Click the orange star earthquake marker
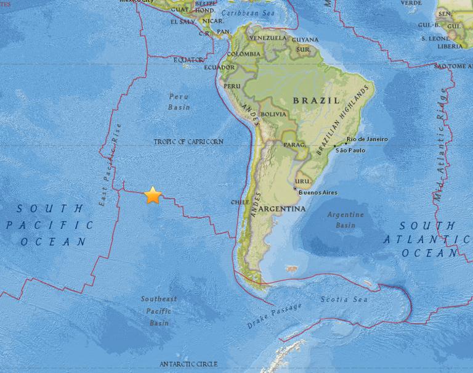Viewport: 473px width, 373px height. pos(153,195)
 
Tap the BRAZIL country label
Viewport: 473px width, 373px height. pos(316,100)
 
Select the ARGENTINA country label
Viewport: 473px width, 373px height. pos(283,210)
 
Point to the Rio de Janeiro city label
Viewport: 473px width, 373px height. pos(368,139)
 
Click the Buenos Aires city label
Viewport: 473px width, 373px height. pos(318,193)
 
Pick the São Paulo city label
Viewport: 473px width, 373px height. pos(350,150)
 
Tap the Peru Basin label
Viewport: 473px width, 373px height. pos(179,102)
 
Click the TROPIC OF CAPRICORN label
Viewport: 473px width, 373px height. pos(188,142)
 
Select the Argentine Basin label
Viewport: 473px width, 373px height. pos(346,220)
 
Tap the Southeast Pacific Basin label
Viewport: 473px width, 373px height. pos(158,311)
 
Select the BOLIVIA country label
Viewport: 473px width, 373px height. pos(273,114)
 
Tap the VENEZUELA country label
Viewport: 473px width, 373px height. pos(268,38)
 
